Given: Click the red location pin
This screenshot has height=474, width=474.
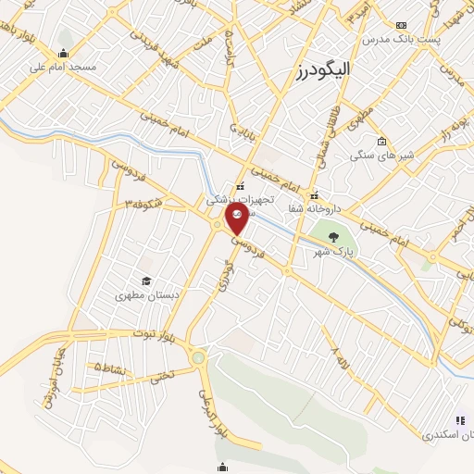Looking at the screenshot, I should tap(237, 218).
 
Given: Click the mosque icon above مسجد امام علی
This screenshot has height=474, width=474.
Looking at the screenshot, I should tap(63, 53).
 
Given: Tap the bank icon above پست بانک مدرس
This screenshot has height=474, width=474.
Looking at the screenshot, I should tap(400, 26).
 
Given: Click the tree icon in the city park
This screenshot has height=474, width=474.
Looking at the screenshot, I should tap(333, 238).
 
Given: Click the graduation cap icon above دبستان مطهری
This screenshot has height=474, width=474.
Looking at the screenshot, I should tap(145, 281).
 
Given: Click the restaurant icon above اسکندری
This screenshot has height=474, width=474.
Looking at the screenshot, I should tap(459, 419).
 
